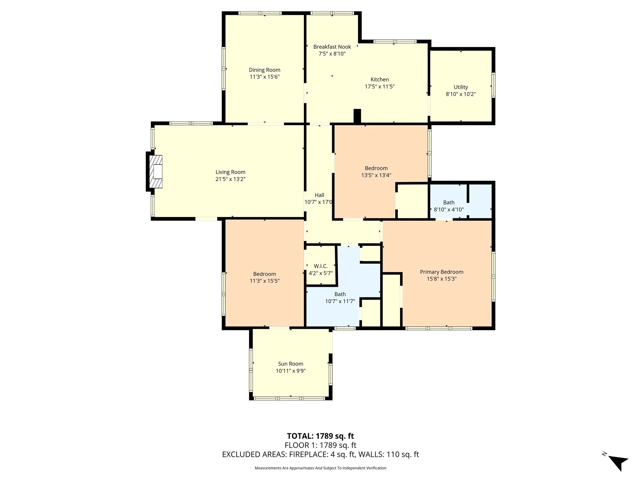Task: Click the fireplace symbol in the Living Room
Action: (x=156, y=171)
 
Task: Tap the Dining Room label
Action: (x=264, y=70)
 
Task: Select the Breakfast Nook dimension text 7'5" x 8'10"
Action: (x=332, y=54)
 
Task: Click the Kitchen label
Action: (x=380, y=80)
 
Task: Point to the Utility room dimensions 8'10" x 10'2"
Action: (x=461, y=94)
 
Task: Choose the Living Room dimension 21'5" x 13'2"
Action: (x=230, y=179)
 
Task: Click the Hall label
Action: (x=319, y=195)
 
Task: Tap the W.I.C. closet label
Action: (x=320, y=266)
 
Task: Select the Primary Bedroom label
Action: (x=441, y=272)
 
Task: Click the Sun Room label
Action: (x=290, y=364)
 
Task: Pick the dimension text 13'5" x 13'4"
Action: (x=376, y=175)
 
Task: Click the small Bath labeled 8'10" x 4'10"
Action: (x=449, y=203)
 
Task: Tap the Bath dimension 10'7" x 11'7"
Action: (x=340, y=301)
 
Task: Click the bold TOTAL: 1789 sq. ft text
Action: (x=320, y=436)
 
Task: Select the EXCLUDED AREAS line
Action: (x=320, y=454)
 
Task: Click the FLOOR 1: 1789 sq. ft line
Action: (x=320, y=445)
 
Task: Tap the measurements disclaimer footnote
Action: (x=320, y=468)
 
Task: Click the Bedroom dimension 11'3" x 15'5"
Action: (x=264, y=281)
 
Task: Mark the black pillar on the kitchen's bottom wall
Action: (x=357, y=116)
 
